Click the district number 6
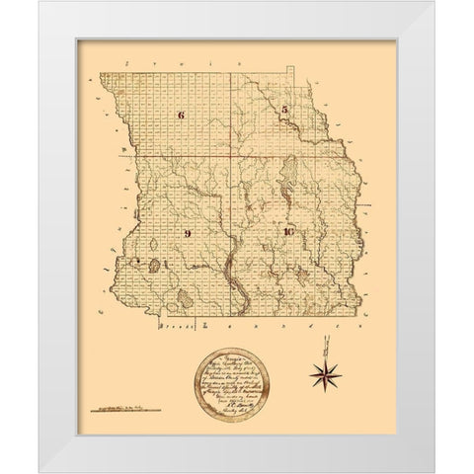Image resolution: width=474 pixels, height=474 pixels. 181,116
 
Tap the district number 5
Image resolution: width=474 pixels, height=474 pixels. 283,109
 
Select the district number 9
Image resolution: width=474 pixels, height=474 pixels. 186,233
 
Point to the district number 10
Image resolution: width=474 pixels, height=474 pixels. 287,232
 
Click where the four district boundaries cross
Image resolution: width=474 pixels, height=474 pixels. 233,156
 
